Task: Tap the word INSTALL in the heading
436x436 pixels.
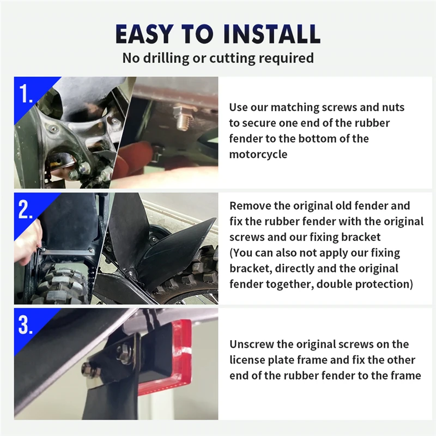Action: [271, 34]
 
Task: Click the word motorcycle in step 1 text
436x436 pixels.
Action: [258, 154]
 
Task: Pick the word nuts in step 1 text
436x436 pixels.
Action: [393, 107]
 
